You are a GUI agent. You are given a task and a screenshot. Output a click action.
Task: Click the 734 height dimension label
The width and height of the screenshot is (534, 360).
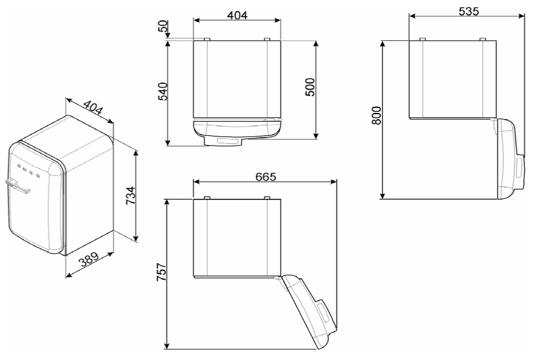click(x=131, y=195)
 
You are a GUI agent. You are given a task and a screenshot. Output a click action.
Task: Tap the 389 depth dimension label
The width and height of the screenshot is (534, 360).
click(x=89, y=259)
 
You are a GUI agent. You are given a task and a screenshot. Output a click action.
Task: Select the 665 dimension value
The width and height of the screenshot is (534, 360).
click(x=266, y=177)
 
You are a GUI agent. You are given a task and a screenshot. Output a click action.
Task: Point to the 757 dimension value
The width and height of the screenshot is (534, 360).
click(x=161, y=272)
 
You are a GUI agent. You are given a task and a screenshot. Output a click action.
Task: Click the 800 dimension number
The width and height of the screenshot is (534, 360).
click(x=376, y=115)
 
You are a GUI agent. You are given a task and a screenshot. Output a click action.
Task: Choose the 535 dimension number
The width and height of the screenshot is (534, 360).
click(x=468, y=12)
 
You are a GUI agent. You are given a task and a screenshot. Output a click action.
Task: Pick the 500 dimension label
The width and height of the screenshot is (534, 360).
click(x=310, y=88)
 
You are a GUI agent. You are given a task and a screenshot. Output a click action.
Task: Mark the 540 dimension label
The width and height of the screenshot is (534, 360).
click(x=163, y=91)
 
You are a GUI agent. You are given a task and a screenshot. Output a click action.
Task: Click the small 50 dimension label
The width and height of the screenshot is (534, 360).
click(x=164, y=26)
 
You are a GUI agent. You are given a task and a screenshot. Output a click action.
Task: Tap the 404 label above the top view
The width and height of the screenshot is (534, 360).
click(x=237, y=15)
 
